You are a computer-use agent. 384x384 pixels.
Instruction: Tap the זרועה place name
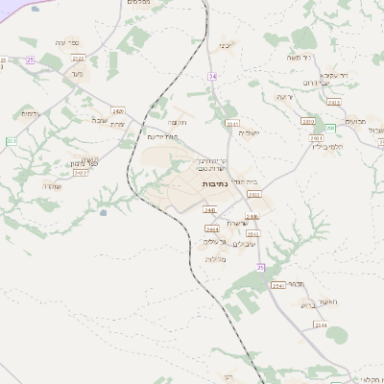coord(284,97)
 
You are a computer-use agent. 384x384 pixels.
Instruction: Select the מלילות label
coord(215,259)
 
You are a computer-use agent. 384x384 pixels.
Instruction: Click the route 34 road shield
coord(213,74)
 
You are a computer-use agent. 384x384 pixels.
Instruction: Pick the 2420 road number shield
coord(118,110)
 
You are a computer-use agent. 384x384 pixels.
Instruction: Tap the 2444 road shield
coord(211,228)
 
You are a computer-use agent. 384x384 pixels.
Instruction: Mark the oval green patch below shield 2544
coord(336,335)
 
